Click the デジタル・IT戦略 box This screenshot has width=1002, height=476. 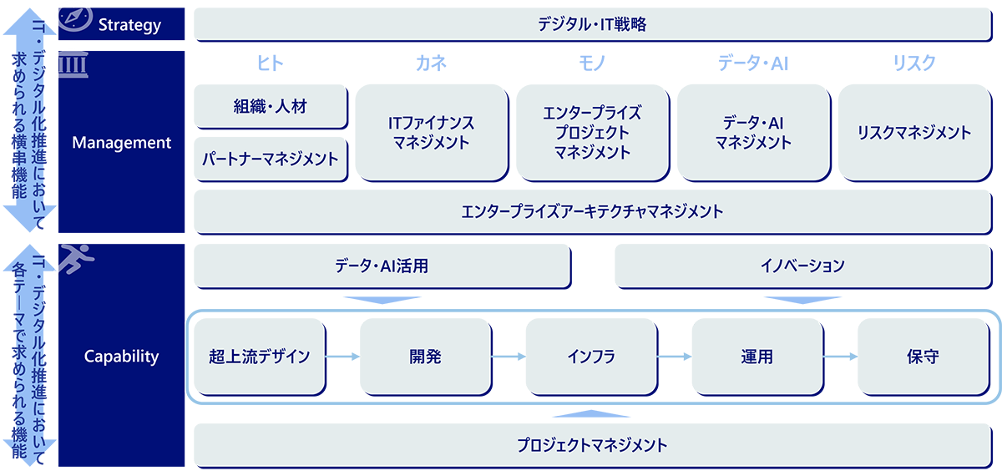593,24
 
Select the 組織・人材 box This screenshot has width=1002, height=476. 270,107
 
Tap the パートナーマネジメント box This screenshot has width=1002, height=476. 270,159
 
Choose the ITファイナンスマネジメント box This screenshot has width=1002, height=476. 431,132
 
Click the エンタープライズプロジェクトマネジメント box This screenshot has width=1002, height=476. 592,132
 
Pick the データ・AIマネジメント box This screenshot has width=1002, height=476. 753,132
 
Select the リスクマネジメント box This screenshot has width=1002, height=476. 914,132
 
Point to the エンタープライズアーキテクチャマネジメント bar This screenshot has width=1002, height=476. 593,211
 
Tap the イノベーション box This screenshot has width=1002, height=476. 802,266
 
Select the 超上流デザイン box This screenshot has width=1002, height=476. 260,357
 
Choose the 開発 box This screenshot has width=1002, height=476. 425,357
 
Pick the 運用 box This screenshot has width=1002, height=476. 757,357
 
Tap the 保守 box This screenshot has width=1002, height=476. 922,357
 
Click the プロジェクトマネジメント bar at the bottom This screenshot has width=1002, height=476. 593,444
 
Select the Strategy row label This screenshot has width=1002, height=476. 129,25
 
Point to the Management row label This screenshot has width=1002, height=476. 122,143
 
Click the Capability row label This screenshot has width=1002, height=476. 122,357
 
